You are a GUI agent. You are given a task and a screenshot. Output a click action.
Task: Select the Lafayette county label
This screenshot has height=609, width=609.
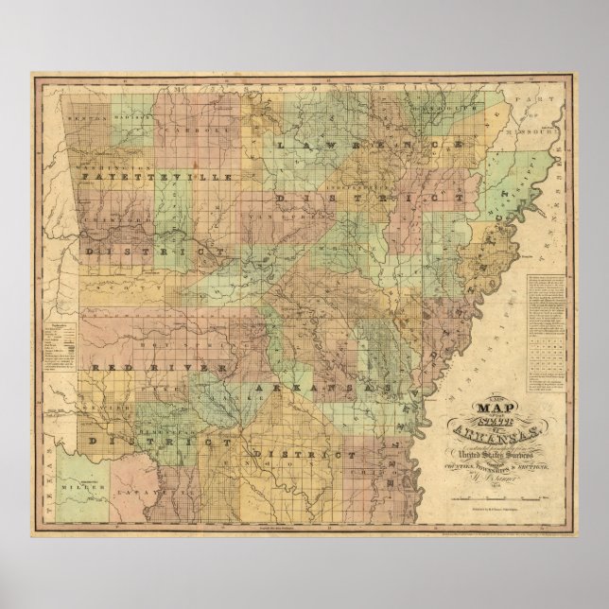point(148,466)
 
